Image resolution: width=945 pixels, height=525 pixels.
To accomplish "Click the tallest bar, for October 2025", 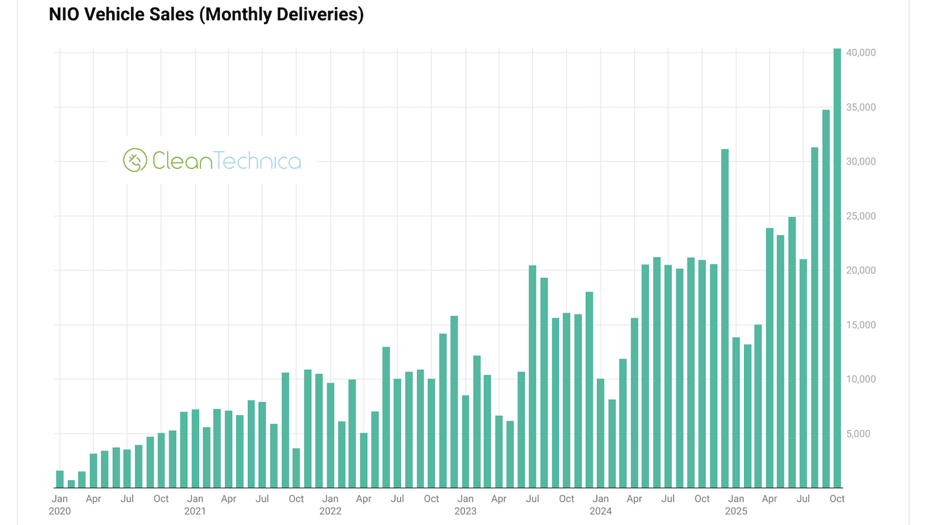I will tap(837, 268).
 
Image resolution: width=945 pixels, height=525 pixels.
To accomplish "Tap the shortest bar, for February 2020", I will tap(71, 484).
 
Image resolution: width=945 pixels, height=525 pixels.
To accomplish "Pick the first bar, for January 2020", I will tap(60, 480).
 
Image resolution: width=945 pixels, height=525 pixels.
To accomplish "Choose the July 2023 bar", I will tap(533, 377).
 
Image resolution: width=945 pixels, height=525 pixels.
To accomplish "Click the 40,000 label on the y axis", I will tap(861, 52).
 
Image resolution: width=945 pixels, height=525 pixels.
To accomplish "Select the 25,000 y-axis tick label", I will tap(861, 216).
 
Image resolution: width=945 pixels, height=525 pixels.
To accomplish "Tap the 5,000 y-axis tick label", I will tap(858, 434).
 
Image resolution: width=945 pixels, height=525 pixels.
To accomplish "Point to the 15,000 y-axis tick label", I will tap(861, 325).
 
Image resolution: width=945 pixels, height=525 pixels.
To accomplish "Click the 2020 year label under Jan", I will tap(60, 511).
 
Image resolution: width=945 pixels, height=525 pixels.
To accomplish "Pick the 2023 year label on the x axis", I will tap(465, 511).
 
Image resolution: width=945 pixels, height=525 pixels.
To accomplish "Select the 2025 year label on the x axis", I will tap(736, 511).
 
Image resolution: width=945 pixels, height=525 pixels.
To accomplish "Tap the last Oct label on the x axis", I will tap(837, 498).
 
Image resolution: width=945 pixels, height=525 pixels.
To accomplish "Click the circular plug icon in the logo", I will tap(135, 160).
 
